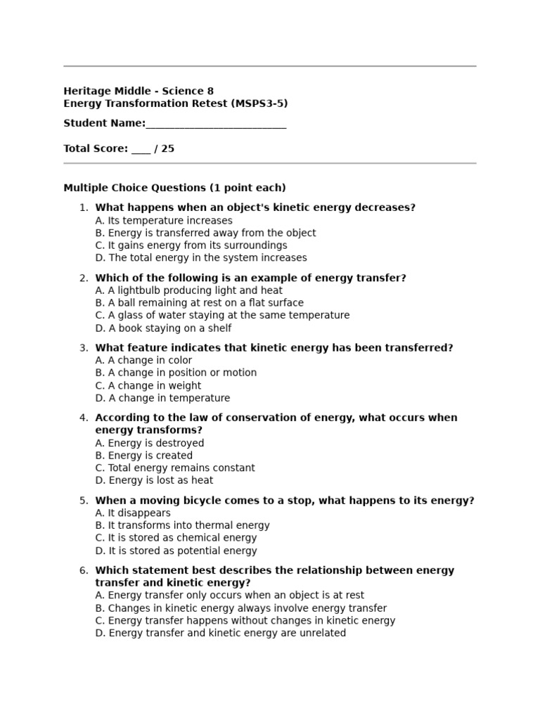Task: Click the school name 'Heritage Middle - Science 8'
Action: point(139,91)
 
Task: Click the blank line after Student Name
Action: point(216,124)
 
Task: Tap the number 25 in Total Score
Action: point(167,148)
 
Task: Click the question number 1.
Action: point(84,207)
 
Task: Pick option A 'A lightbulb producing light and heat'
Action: point(188,290)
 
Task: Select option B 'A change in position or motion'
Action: point(176,373)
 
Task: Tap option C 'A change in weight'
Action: point(148,385)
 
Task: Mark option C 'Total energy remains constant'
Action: point(175,468)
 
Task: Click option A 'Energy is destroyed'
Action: point(150,443)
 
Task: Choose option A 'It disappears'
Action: point(133,513)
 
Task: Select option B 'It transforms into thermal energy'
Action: point(182,525)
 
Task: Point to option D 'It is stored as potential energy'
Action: point(176,551)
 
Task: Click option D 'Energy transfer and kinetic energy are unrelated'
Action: point(220,633)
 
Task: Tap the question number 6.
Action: point(84,570)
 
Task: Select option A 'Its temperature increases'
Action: point(163,220)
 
